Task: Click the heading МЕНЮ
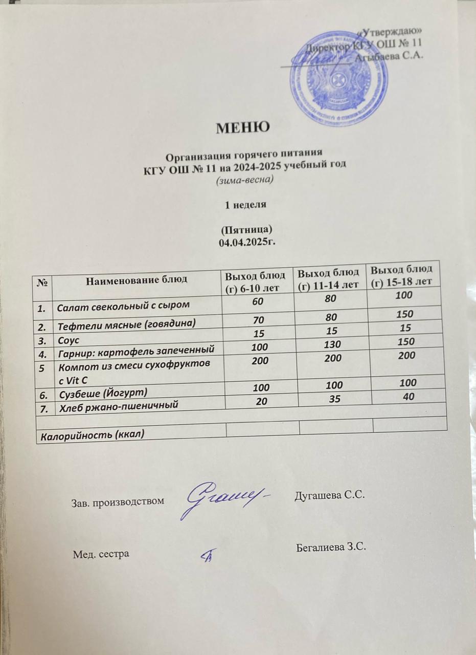tap(242, 127)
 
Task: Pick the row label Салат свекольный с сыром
tap(123, 306)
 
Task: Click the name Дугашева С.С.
tap(329, 495)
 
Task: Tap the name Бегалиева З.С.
tap(332, 548)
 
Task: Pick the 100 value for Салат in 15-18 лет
tap(405, 295)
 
